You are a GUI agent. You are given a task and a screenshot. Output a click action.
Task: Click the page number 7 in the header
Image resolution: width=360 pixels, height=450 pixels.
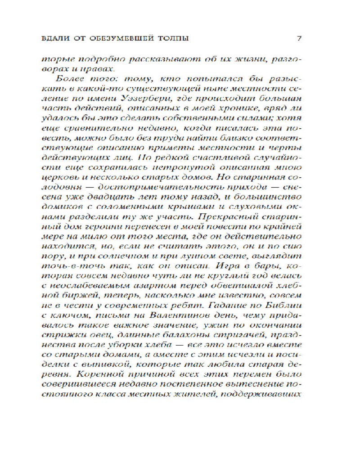coord(299,38)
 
